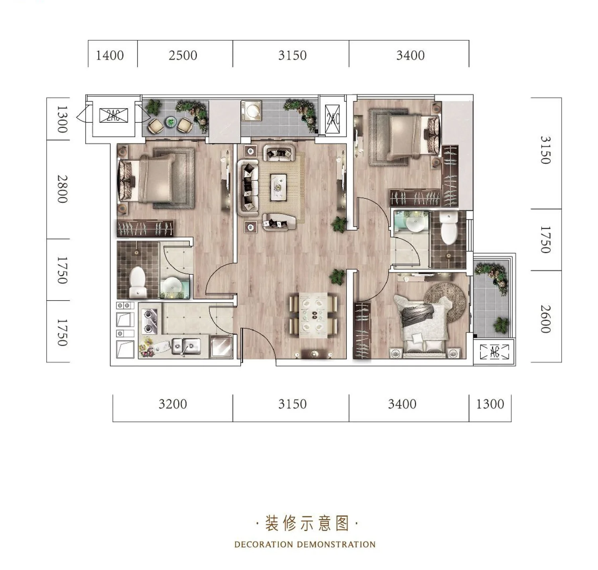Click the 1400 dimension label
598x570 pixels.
point(110,55)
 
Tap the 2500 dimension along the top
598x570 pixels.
point(183,55)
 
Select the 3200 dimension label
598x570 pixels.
point(173,404)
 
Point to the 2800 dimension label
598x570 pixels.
point(62,189)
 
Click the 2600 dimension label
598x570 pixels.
point(546,319)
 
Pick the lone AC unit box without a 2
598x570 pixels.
point(494,352)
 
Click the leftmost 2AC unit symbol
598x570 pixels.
point(114,116)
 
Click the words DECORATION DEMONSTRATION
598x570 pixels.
point(305,544)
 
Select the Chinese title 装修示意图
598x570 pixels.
point(307,523)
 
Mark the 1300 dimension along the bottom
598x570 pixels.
point(490,404)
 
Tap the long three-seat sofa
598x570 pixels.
point(248,188)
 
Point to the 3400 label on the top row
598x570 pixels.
point(410,55)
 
